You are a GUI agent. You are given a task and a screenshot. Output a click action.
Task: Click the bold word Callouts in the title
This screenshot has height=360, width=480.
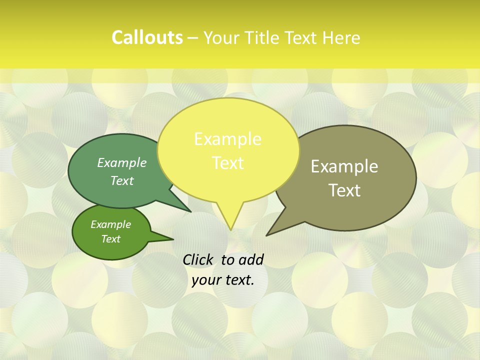tap(147, 37)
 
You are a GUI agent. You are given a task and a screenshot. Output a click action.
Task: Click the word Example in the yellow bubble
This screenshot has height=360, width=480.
tap(227, 139)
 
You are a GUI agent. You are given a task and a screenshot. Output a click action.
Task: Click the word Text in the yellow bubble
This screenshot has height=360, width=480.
tap(227, 163)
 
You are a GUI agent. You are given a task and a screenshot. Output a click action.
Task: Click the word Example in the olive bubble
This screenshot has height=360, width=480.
tap(344, 166)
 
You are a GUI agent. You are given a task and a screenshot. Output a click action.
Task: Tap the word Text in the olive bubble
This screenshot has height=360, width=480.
tap(345, 190)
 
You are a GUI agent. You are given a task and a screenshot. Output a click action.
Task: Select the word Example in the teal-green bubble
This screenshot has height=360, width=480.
tap(121, 162)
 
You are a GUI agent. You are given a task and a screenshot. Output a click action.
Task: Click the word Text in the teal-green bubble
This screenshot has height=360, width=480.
tap(121, 181)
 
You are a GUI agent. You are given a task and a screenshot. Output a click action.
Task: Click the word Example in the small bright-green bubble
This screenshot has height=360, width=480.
tap(110, 224)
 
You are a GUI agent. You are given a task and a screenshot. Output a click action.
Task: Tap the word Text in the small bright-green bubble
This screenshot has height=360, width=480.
tap(110, 239)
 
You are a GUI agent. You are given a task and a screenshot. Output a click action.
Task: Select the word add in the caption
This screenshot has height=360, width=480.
tap(251, 259)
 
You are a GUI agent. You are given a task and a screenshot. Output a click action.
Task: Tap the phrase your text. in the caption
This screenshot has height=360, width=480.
tap(222, 280)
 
